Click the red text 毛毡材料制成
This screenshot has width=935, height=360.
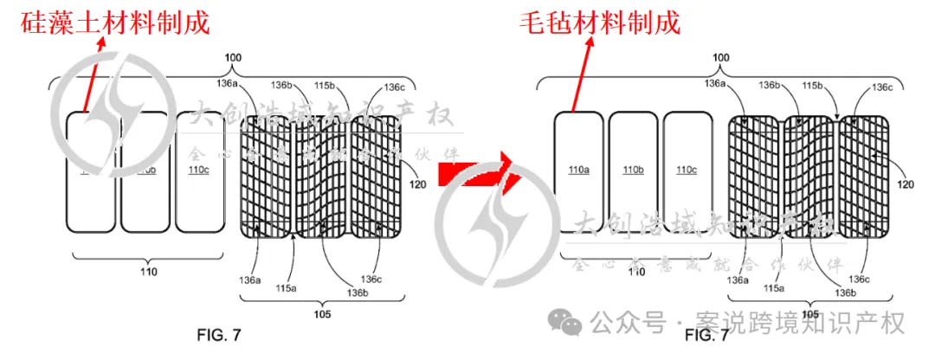point(598,21)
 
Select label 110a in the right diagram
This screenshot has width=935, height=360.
point(577,169)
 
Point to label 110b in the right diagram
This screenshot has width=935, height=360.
point(632,169)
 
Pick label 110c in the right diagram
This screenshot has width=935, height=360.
point(687,169)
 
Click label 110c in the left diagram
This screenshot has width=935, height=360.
point(198,170)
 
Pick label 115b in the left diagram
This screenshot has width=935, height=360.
point(325,86)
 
